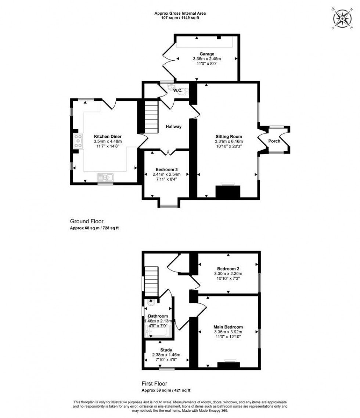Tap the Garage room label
point(207,54)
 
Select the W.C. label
point(178,90)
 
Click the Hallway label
point(173,127)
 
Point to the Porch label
point(274,141)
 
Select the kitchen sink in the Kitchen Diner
point(106,178)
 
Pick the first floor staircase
point(151,282)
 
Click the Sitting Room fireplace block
point(227,192)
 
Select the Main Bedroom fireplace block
point(228,365)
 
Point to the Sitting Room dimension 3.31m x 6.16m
point(228,141)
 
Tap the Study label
point(166,350)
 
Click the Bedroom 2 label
point(228,268)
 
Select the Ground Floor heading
point(87,221)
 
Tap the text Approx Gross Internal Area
point(180,13)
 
